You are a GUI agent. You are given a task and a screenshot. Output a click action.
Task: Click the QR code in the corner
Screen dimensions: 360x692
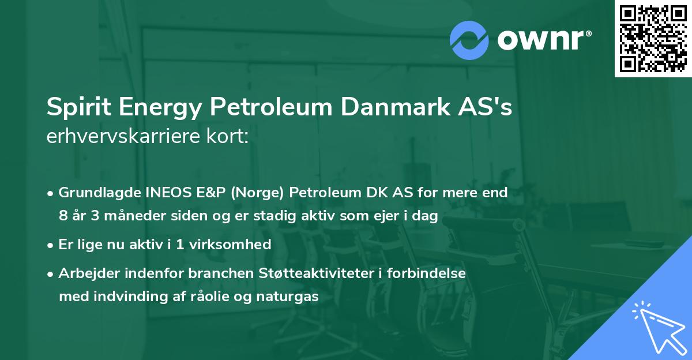coord(653,38)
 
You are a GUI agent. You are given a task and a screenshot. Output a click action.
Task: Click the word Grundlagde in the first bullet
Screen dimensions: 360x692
coord(94,193)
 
